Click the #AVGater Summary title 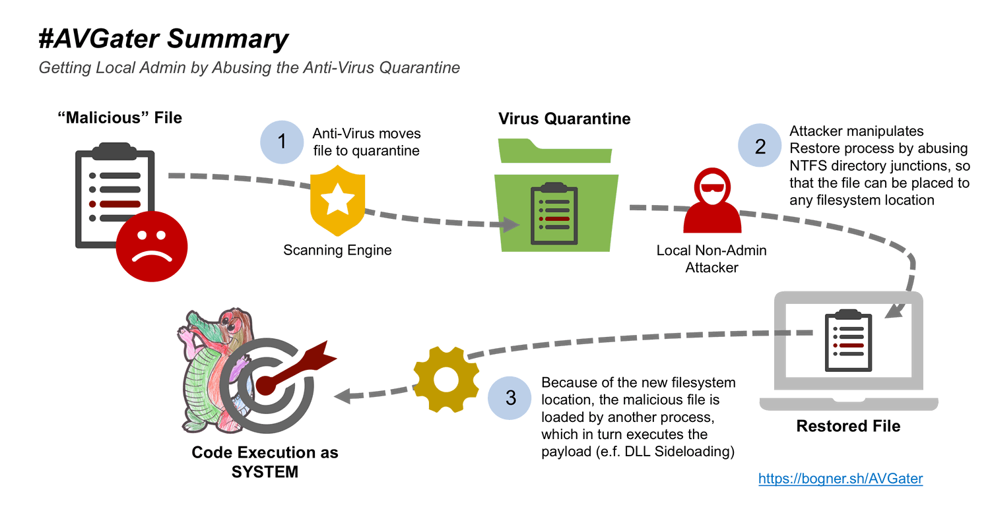coord(164,40)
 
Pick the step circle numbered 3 coord(510,399)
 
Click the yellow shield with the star coord(337,200)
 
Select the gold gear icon coord(447,378)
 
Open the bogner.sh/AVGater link coord(840,479)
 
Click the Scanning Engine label coord(337,251)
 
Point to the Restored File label coord(848,426)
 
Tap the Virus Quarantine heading coord(564,119)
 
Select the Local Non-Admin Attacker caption coord(711,259)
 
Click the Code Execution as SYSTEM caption coord(265,462)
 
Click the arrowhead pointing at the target coord(343,396)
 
